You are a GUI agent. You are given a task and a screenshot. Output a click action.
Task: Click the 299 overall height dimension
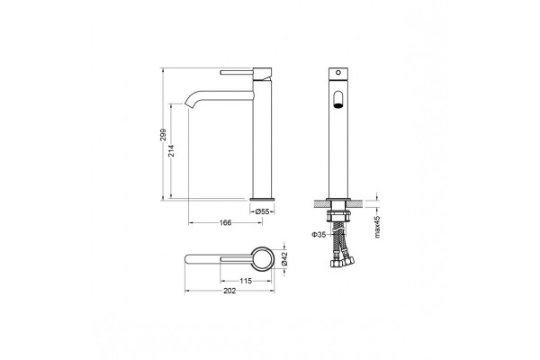(x=163, y=134)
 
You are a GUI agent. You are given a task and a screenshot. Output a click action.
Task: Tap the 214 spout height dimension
(x=171, y=150)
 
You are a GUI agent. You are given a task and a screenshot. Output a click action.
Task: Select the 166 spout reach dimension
(x=226, y=223)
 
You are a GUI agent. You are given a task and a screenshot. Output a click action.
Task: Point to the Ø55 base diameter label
(x=262, y=211)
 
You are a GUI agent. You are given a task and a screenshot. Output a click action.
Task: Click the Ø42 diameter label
(x=284, y=258)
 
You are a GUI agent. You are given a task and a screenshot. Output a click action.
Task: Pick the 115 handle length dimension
(x=246, y=281)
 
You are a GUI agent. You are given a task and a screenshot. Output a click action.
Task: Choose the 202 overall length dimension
(x=229, y=291)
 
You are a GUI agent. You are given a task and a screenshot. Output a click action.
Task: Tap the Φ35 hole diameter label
(x=319, y=235)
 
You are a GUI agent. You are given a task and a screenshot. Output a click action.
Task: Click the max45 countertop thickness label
(x=377, y=227)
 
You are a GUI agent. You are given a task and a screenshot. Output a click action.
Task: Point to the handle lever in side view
(x=237, y=72)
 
